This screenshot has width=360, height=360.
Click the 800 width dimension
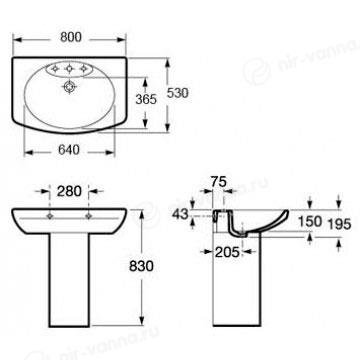pyautogui.click(x=71, y=37)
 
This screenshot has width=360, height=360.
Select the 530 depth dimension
pyautogui.click(x=177, y=93)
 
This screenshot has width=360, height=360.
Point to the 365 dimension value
pyautogui.click(x=146, y=99)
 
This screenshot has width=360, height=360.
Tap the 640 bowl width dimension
pyautogui.click(x=69, y=150)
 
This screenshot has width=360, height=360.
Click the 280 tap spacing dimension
pyautogui.click(x=69, y=191)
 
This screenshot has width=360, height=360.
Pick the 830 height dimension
pyautogui.click(x=141, y=266)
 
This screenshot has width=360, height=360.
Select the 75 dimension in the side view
pyautogui.click(x=218, y=182)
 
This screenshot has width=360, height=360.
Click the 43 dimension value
pyautogui.click(x=180, y=214)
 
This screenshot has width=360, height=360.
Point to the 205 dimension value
pyautogui.click(x=227, y=252)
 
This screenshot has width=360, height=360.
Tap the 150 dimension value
pyautogui.click(x=310, y=221)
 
